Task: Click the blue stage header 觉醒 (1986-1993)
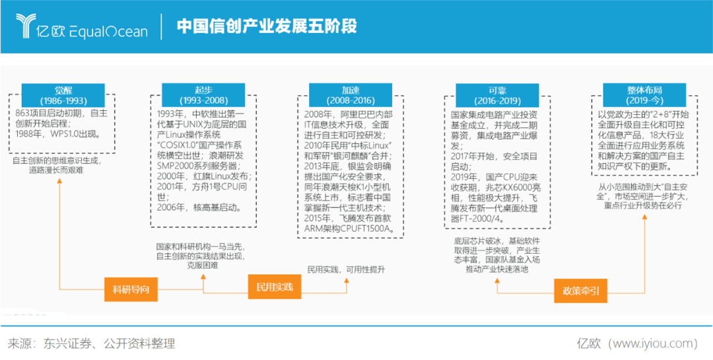pos(63,96)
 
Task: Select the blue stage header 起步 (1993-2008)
pos(203,95)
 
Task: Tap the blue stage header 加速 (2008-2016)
pos(351,95)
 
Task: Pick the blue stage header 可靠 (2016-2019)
pos(498,96)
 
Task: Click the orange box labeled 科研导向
pos(131,289)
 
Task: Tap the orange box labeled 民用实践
pos(275,287)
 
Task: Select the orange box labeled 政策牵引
pos(581,291)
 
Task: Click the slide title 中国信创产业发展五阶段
pos(267,26)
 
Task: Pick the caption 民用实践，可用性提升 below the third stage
pos(347,270)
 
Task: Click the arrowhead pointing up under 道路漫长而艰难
pos(59,182)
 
